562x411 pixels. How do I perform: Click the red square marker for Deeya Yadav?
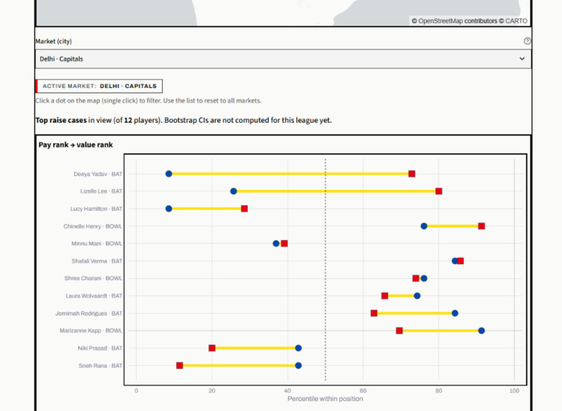tap(411, 174)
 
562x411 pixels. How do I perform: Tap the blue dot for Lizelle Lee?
tap(234, 191)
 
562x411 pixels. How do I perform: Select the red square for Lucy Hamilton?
tap(244, 209)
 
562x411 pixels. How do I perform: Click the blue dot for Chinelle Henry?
tap(424, 226)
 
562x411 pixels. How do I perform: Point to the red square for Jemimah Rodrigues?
tap(374, 313)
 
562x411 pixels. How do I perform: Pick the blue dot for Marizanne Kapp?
tap(482, 331)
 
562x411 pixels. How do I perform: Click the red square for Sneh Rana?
tap(180, 366)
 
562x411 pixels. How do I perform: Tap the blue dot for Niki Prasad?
tap(298, 348)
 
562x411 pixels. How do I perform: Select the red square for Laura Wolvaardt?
tap(385, 296)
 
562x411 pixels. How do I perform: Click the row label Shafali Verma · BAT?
tap(97, 261)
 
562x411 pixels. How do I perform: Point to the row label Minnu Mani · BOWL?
tap(97, 244)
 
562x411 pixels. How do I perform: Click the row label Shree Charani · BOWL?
tap(93, 278)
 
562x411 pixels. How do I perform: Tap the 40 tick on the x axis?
tap(287, 390)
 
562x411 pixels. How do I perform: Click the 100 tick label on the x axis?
tap(515, 390)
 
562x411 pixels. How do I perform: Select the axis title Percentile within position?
tap(325, 399)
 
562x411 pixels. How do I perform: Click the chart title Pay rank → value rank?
tap(76, 145)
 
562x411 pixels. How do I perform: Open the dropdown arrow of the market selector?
tap(522, 59)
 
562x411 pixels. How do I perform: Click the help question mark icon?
tap(528, 41)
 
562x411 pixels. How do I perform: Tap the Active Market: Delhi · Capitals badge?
tap(99, 86)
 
